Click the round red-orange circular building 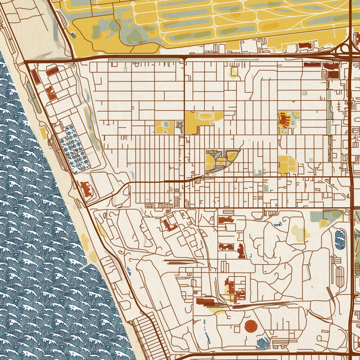[x=251, y=326]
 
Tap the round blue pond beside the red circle [x=262, y=343]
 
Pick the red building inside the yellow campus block [x=284, y=120]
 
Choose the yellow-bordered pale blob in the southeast [x=300, y=232]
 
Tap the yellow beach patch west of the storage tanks [x=44, y=133]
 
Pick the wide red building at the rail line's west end [x=207, y=302]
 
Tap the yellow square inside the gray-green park [x=323, y=223]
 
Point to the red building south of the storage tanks [x=86, y=189]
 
